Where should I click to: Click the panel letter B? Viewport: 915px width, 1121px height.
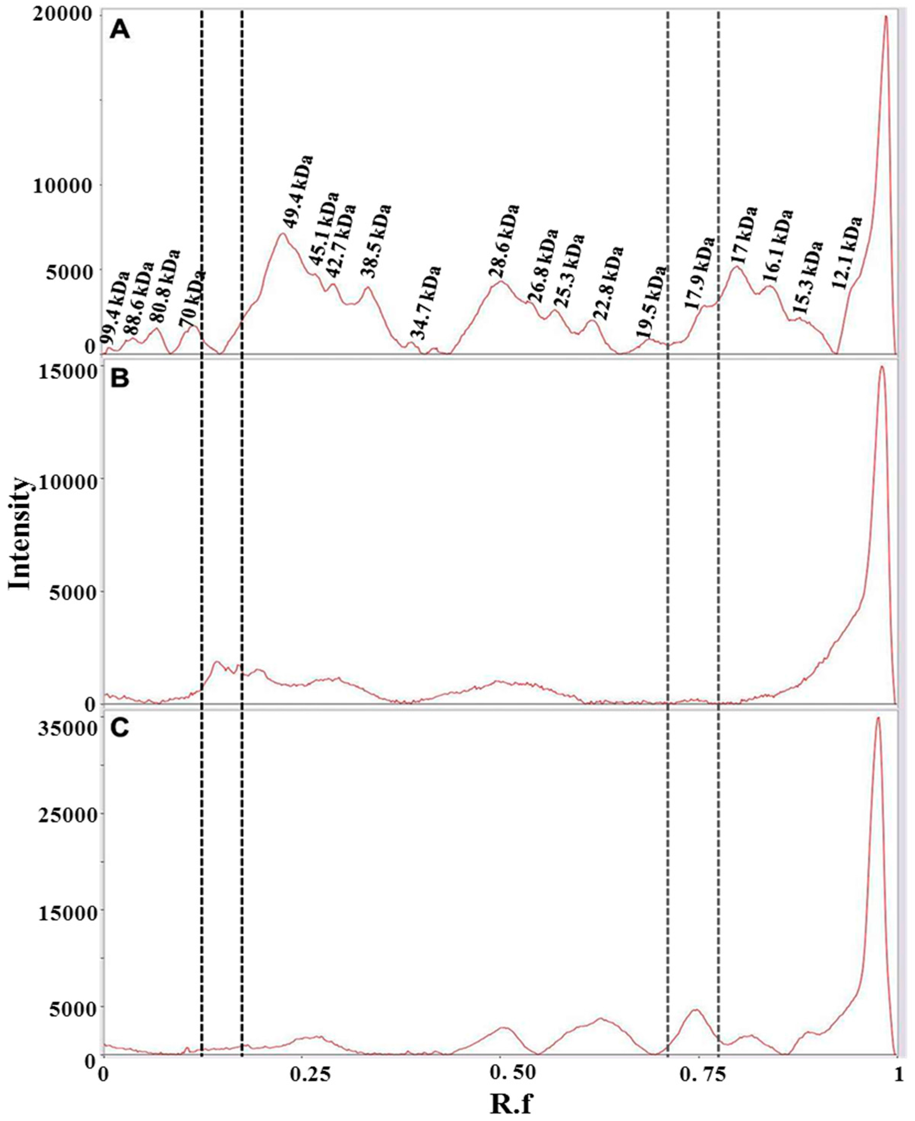click(x=120, y=379)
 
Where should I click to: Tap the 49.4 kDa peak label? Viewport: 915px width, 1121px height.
click(x=297, y=191)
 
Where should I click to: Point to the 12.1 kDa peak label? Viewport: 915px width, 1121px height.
click(x=847, y=252)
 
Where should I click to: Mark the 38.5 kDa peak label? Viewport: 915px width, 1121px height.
click(x=376, y=240)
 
